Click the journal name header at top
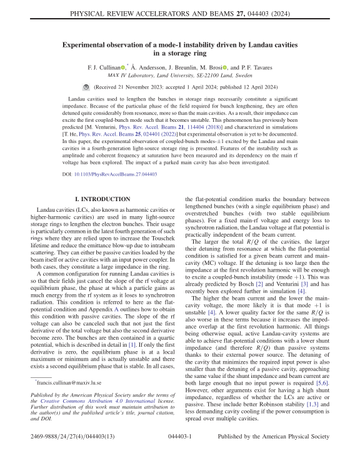click(x=179, y=10)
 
